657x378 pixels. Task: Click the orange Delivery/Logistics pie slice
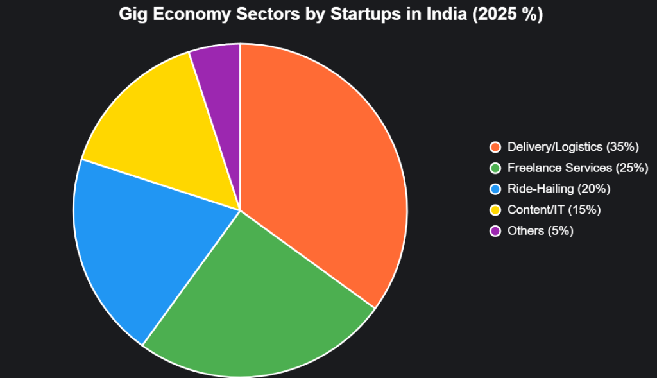click(321, 160)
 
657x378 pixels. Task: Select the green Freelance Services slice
click(257, 308)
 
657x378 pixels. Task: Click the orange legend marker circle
click(495, 148)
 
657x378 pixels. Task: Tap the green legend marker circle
click(495, 168)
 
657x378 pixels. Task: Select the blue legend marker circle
click(495, 189)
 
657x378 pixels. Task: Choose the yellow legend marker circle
click(495, 210)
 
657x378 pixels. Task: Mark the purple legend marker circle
click(495, 230)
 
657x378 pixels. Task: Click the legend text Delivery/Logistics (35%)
click(573, 148)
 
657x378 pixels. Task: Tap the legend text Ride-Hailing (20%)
click(558, 189)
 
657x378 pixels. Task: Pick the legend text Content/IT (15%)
click(554, 210)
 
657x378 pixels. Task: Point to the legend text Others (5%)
click(540, 230)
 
